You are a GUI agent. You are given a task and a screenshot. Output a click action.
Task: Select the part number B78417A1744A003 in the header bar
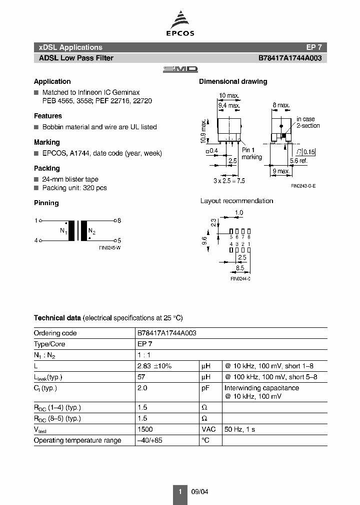tap(290, 58)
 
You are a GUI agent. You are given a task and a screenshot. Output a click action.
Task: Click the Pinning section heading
tap(46, 203)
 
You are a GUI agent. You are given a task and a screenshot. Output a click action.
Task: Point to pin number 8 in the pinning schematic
tap(118, 220)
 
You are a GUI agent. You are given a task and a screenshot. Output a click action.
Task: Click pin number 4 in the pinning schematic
tap(36, 240)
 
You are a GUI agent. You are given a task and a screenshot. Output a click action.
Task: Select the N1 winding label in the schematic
tap(63, 231)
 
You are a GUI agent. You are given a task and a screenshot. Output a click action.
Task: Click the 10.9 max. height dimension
tap(203, 131)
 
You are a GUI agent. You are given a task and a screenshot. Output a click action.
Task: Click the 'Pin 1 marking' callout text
tap(251, 154)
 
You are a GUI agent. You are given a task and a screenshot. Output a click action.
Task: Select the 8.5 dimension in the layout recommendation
tap(241, 267)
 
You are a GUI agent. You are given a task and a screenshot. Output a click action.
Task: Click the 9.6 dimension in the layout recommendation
tap(204, 241)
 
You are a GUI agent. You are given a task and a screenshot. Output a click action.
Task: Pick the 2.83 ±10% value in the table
tap(154, 366)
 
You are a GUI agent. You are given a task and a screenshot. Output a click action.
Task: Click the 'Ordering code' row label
tap(55, 333)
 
